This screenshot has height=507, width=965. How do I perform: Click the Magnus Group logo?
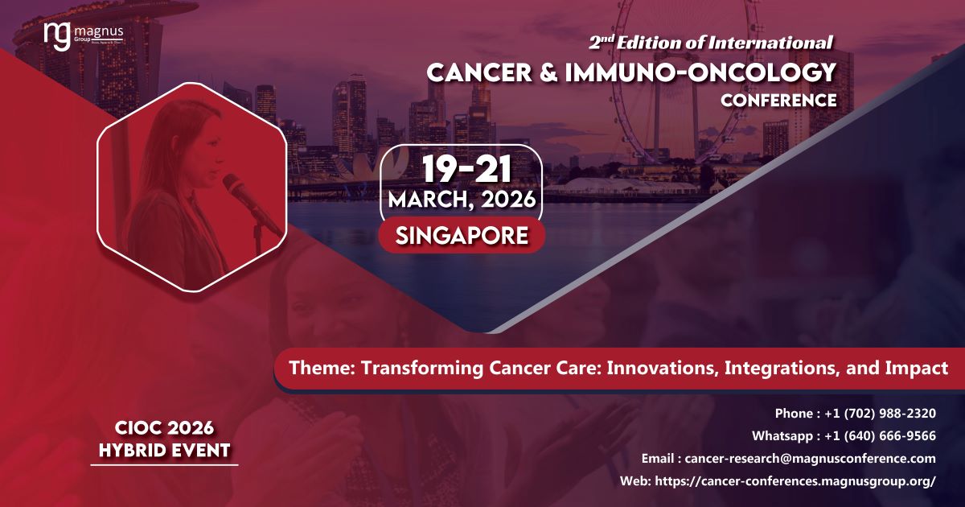click(x=84, y=37)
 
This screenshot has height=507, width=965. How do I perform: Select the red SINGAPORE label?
click(x=462, y=235)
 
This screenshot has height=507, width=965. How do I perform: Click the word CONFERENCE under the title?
click(x=778, y=101)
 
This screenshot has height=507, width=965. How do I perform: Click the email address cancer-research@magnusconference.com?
click(x=810, y=459)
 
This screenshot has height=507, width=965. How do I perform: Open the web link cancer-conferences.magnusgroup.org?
click(x=797, y=481)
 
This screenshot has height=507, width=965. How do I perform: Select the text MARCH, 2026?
click(x=462, y=200)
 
